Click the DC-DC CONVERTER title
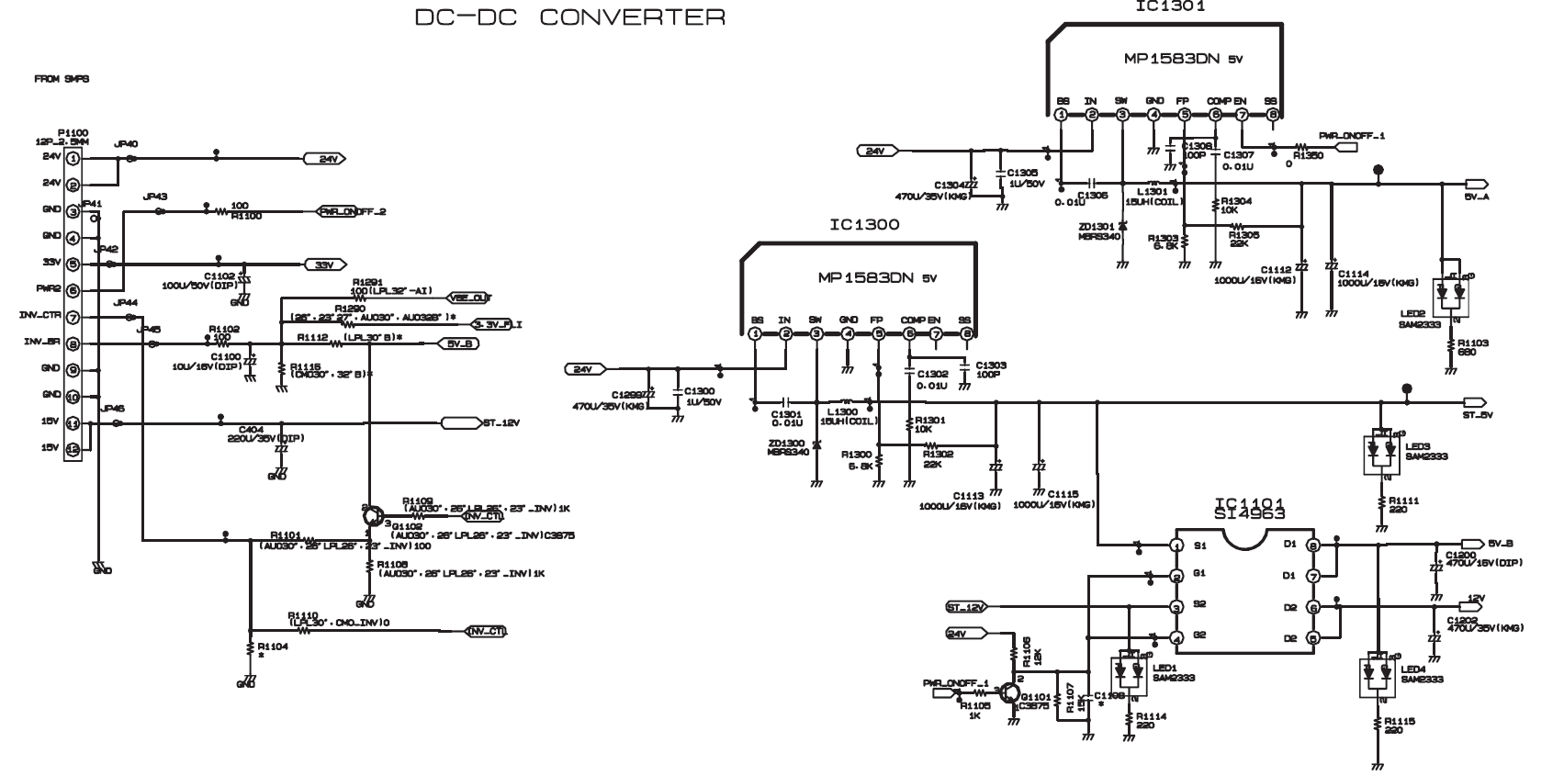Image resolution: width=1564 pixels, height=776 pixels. point(569,17)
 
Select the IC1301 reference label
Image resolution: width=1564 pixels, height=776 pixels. point(1170,6)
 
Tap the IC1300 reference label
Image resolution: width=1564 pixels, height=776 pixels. point(863,225)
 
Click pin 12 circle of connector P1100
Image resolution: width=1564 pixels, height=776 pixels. point(73,448)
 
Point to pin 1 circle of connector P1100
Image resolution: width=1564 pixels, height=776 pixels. point(73,158)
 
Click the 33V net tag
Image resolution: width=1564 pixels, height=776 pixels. point(324,264)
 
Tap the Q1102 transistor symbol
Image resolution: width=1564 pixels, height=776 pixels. point(372,516)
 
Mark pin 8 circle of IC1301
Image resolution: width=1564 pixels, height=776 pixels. point(1272,115)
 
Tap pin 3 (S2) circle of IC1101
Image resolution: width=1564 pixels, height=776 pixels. point(1176,607)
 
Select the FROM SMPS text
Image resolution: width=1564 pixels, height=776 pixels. point(62,80)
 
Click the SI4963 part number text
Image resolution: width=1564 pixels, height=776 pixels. point(1249,515)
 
